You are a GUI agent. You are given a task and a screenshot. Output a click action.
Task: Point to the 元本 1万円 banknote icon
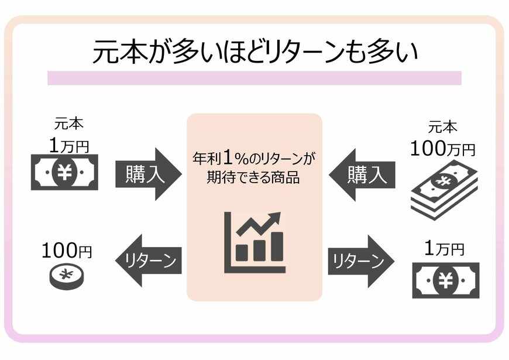(64, 172)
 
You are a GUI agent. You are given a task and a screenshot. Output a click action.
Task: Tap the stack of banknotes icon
(443, 190)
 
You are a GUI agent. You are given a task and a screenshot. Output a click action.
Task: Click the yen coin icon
(65, 275)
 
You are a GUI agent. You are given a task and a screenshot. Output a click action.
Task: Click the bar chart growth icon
(254, 242)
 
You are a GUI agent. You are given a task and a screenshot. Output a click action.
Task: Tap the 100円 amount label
(66, 251)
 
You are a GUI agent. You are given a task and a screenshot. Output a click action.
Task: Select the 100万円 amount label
(442, 149)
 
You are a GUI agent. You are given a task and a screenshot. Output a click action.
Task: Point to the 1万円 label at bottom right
(443, 249)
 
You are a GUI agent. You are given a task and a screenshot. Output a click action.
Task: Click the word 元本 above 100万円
(442, 128)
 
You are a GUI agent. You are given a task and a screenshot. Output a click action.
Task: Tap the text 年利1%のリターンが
(253, 158)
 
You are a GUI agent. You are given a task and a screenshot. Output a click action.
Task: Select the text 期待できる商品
(253, 177)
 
